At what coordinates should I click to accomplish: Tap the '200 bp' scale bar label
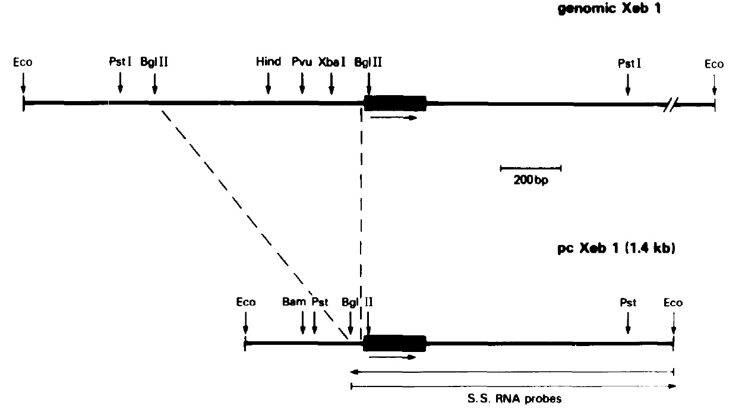coord(531,180)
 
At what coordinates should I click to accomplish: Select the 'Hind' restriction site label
coord(269,62)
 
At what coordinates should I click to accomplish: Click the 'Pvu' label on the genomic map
coord(302,62)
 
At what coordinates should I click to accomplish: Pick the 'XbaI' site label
coord(331,62)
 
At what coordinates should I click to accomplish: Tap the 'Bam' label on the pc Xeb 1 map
coord(294,302)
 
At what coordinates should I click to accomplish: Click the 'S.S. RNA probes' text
coord(513,398)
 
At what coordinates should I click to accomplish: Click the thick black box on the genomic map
coord(395,103)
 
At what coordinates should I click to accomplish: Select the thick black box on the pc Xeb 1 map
coord(395,343)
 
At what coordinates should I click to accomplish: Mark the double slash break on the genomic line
coord(670,105)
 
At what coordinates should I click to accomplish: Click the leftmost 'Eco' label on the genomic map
coord(23,62)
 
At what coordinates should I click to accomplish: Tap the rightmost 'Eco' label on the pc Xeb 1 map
coord(673,302)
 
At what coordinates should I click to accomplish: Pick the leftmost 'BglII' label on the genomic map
coord(154,62)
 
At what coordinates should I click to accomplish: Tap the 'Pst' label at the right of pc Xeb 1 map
coord(628,302)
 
